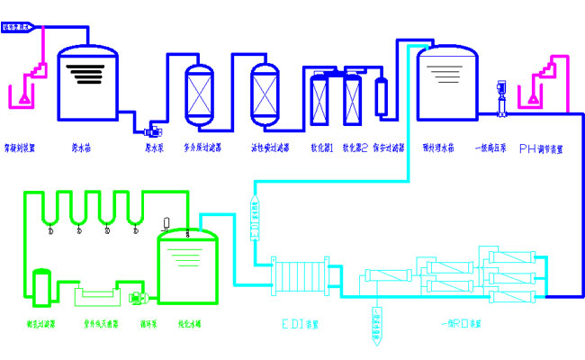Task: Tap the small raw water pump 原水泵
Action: (151, 131)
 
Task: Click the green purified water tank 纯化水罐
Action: (186, 265)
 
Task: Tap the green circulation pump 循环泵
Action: (138, 296)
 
